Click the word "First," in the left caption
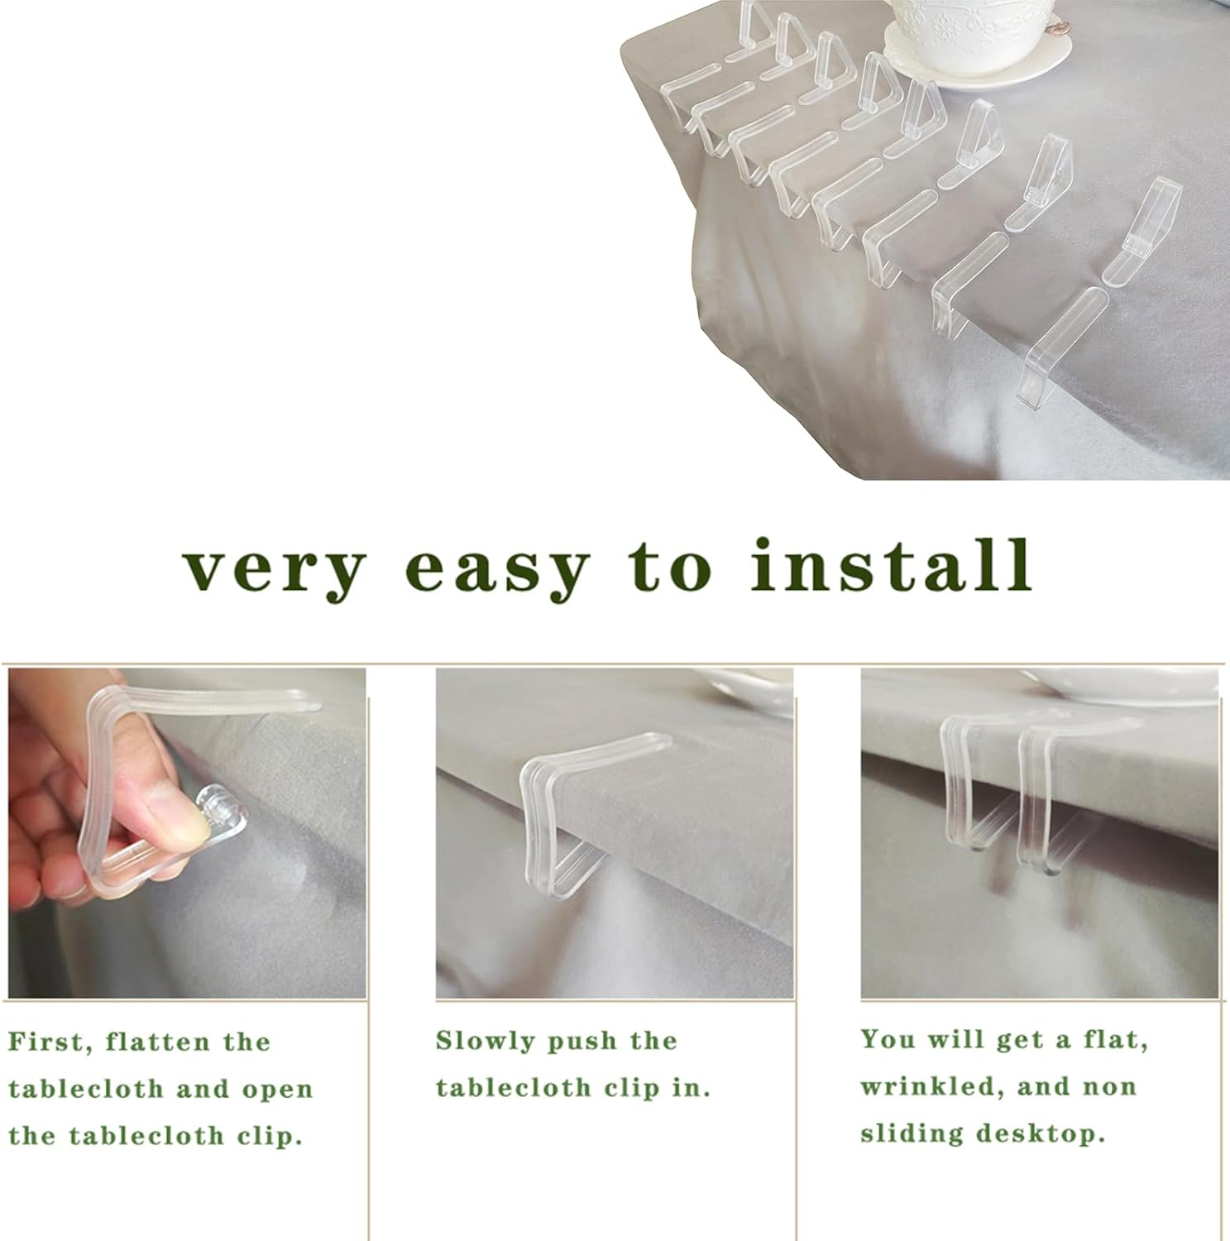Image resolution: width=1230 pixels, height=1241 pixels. point(48,1042)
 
